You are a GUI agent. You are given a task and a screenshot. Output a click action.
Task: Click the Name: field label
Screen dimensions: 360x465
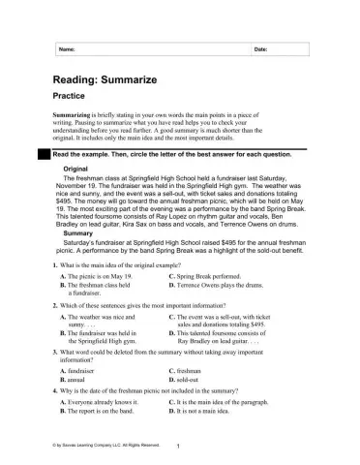(67, 47)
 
